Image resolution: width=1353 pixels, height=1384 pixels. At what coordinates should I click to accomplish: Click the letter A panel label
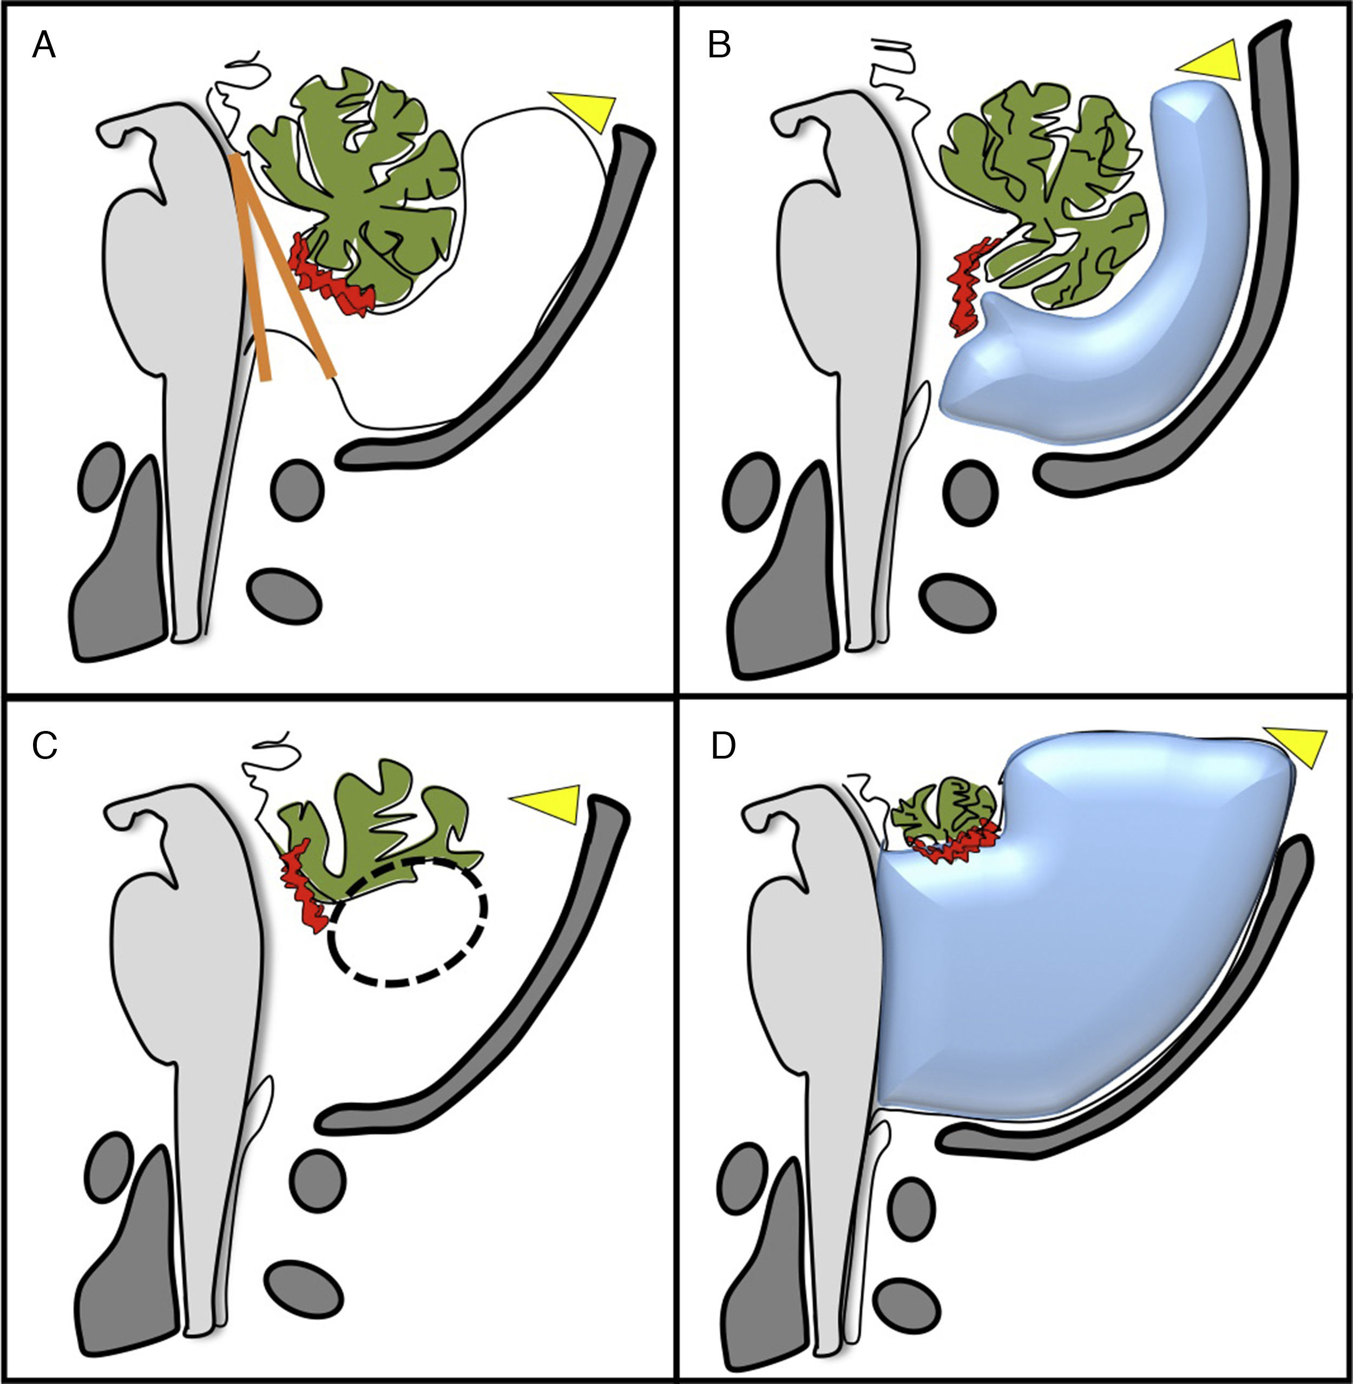click(x=44, y=47)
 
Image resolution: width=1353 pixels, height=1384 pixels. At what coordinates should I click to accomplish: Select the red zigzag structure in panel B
click(x=969, y=284)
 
